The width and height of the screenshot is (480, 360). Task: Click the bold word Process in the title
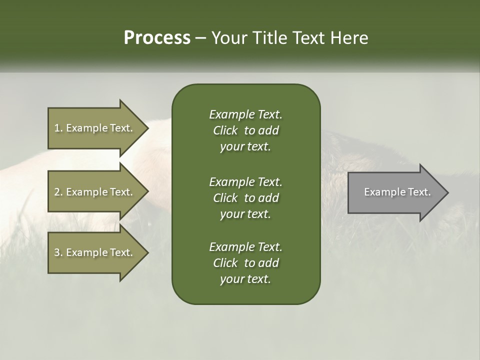[157, 38]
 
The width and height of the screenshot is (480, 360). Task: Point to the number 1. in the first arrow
[58, 128]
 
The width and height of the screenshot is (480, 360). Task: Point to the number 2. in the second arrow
[58, 192]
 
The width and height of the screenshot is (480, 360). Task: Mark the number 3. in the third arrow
[58, 252]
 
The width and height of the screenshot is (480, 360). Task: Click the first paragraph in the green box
[245, 130]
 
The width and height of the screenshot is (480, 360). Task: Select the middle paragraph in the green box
[245, 197]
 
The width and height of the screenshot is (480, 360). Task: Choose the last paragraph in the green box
[245, 263]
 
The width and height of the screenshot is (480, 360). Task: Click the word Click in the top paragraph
[225, 130]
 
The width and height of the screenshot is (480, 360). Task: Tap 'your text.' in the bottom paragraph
[245, 279]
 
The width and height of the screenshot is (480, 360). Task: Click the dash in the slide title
[201, 38]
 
